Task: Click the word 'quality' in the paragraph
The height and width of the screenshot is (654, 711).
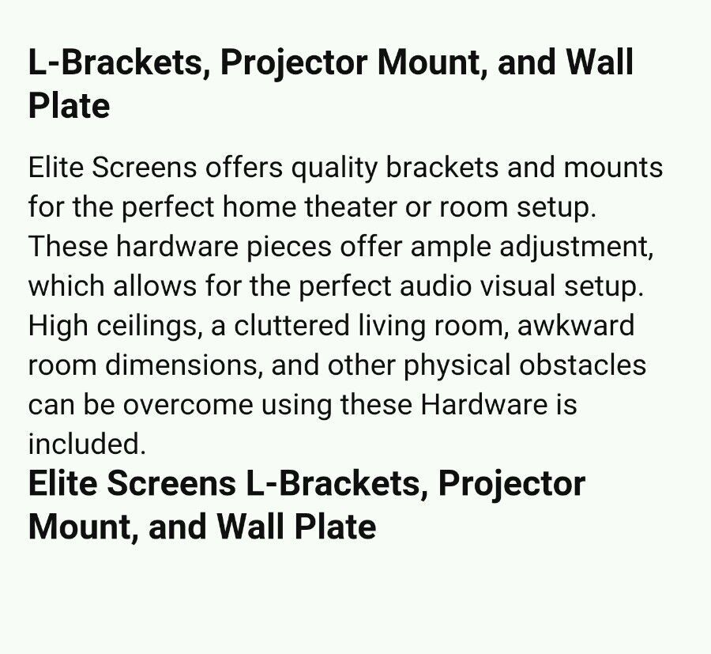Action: pos(333,168)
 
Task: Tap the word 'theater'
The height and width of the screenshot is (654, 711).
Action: pos(351,207)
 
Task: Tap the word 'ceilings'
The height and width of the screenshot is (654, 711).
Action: pos(148,327)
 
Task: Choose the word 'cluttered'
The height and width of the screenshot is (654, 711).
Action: pos(292,325)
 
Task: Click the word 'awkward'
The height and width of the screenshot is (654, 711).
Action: pos(575,325)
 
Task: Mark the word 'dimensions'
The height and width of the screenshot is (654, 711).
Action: pos(182,365)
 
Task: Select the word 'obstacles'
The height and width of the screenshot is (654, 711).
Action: pos(583,365)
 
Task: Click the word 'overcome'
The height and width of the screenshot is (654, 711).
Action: pos(188,405)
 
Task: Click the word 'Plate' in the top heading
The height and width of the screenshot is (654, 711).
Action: pos(69,106)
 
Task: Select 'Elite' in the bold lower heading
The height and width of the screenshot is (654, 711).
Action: pos(62,483)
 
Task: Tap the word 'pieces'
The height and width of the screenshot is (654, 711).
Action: pos(289,248)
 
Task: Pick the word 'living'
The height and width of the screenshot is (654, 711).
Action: pos(392,327)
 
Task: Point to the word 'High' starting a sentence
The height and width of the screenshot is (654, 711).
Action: pos(58,327)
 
